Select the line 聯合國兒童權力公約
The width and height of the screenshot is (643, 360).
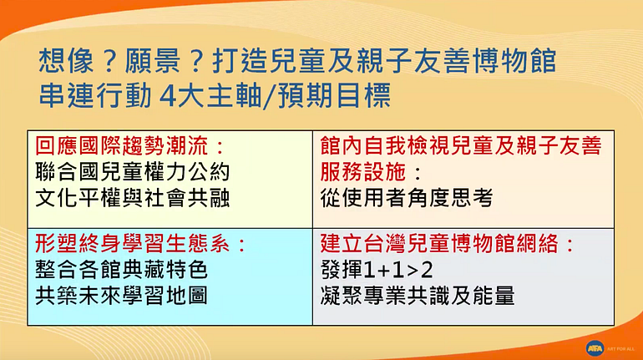(x=132, y=172)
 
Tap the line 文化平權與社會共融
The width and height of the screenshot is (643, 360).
(x=132, y=198)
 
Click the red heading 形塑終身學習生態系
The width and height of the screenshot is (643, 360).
(x=132, y=244)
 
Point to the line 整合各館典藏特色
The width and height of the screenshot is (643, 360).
(x=121, y=270)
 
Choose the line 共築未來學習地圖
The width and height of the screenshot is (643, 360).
(x=121, y=296)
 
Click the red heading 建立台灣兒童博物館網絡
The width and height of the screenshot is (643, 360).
(x=438, y=244)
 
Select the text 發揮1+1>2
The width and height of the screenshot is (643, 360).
(x=377, y=270)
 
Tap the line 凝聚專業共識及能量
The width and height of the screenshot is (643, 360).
(x=417, y=296)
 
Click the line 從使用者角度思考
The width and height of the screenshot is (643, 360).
(x=406, y=198)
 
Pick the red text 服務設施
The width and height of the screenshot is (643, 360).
(x=363, y=172)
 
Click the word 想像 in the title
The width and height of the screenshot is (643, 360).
(x=66, y=61)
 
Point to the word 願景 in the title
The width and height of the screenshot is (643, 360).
(x=153, y=61)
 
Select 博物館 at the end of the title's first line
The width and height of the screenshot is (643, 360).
(x=515, y=61)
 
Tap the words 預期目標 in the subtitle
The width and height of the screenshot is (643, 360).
(x=335, y=96)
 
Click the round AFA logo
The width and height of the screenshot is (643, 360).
(x=595, y=348)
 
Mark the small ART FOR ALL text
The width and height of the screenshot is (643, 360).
(x=620, y=349)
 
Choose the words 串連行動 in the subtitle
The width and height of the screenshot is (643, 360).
(x=95, y=96)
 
